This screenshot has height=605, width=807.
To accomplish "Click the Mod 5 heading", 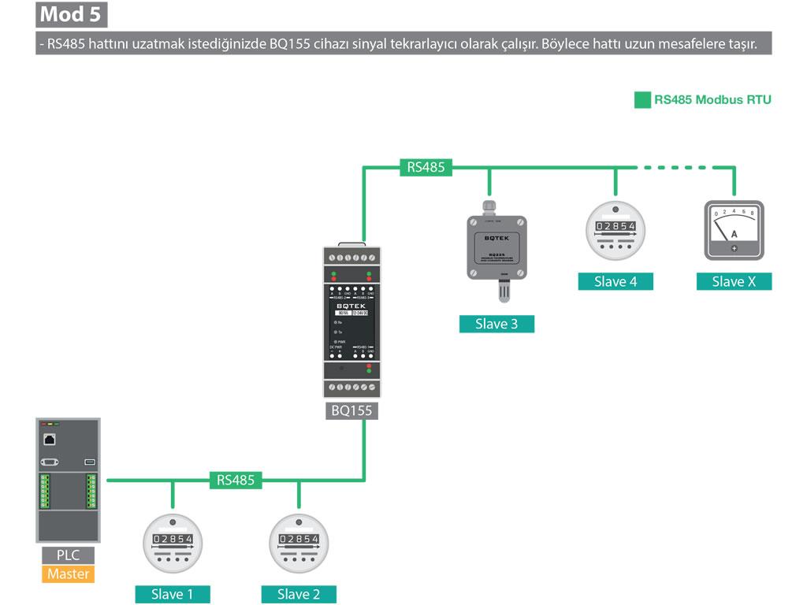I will (x=72, y=14).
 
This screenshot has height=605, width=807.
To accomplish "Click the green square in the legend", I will (x=642, y=100).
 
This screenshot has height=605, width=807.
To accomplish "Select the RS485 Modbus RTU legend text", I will (x=712, y=100).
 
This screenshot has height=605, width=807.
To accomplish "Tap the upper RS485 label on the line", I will (x=426, y=167).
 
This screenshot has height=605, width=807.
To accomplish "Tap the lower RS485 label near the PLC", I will (x=236, y=480).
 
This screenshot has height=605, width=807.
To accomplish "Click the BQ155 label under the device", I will (x=351, y=410).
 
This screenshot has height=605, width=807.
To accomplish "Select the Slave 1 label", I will (x=173, y=594).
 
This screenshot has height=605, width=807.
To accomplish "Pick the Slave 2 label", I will (x=299, y=594).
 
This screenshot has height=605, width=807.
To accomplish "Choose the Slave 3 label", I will (x=496, y=324).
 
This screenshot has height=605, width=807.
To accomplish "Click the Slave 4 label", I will (x=615, y=281).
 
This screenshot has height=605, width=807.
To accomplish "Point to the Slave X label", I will (x=734, y=281).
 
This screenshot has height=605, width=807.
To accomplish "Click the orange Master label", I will (x=68, y=573).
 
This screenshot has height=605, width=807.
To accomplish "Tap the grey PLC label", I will (x=68, y=555).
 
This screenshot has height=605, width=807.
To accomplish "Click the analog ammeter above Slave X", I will (x=734, y=230).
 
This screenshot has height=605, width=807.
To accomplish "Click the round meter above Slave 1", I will (x=173, y=544).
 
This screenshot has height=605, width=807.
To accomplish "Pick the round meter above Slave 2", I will (x=299, y=544).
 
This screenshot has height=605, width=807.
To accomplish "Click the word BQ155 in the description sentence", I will (x=289, y=43).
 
